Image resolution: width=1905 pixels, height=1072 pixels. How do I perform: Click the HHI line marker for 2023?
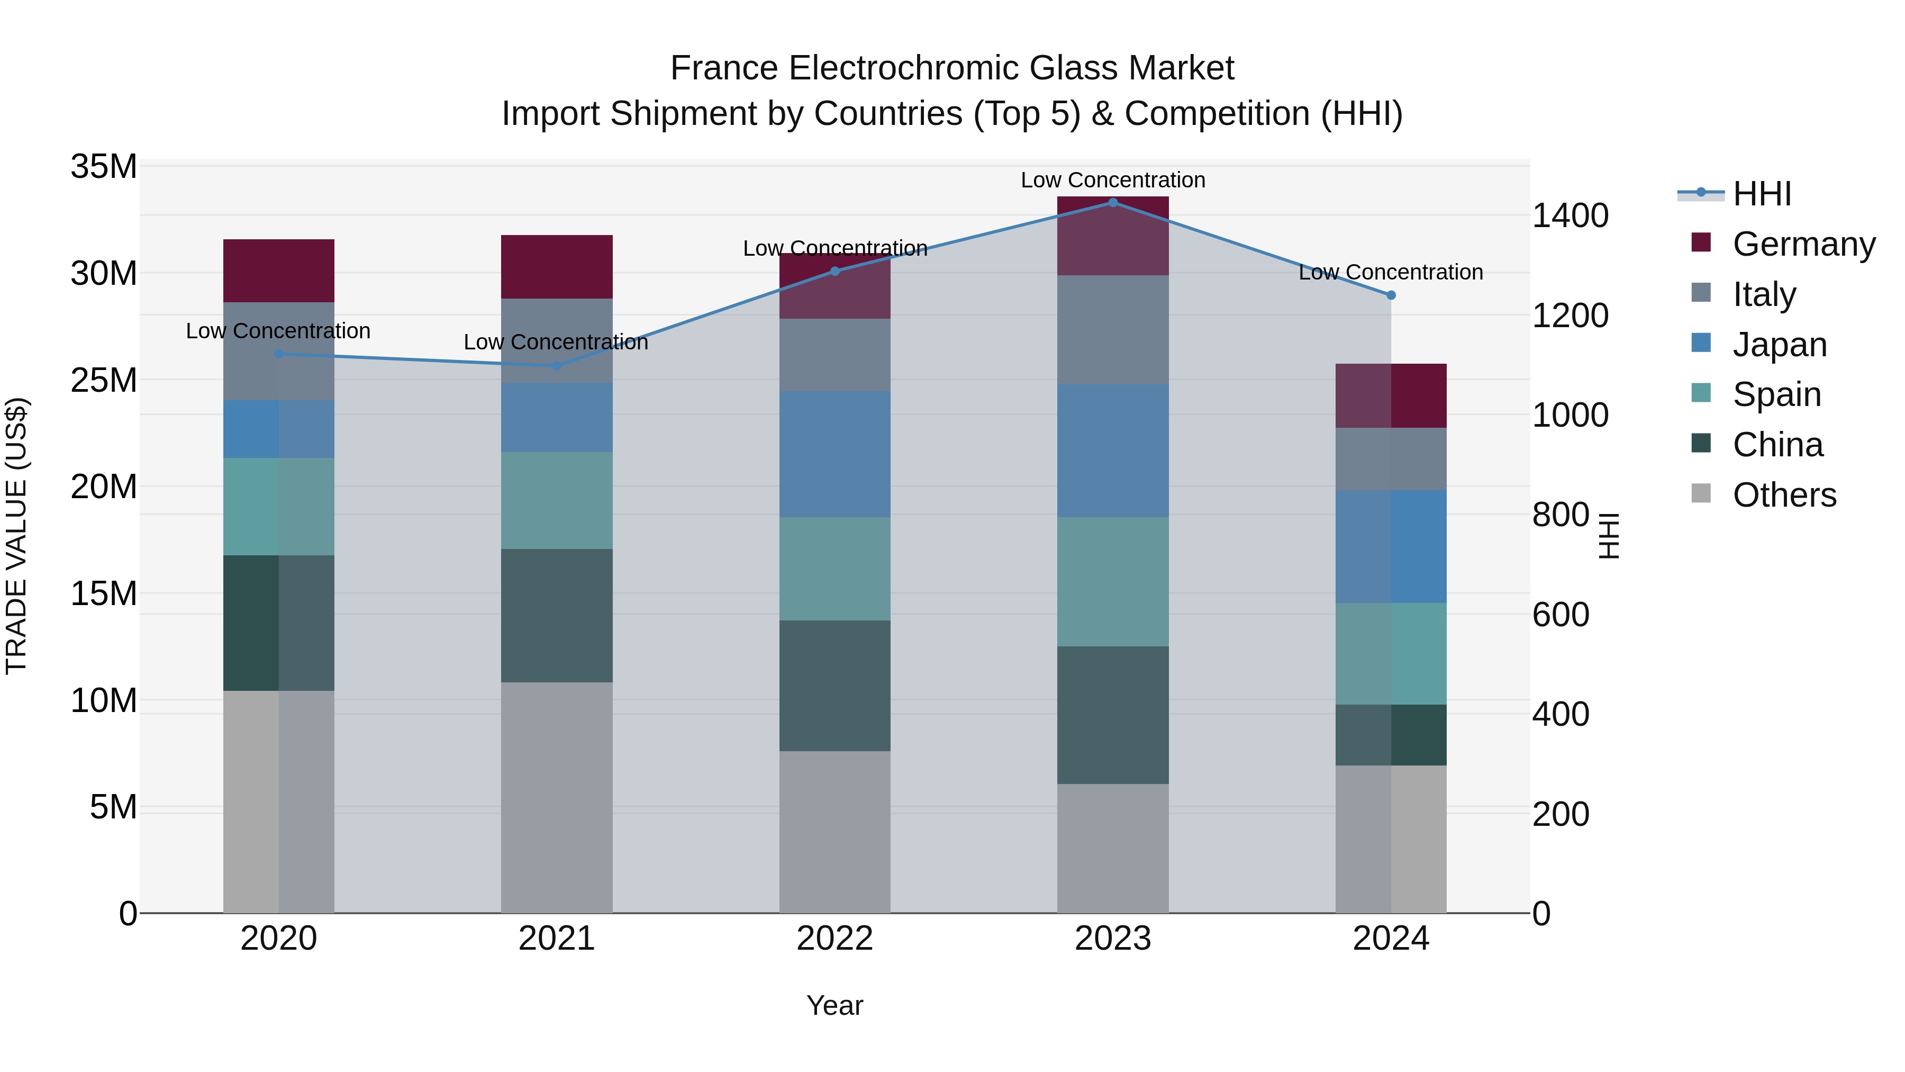1112,203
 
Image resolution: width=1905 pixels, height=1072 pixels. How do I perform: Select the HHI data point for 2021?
556,365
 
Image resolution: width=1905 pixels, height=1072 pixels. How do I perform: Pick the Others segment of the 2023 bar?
1112,848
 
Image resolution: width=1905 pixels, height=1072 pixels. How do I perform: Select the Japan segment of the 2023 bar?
1112,451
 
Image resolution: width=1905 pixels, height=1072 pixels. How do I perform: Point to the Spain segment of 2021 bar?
556,500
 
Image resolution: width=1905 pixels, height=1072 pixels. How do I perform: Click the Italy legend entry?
1763,294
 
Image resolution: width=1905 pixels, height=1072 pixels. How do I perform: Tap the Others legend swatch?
1701,493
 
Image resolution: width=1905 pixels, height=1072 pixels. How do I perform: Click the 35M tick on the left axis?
104,167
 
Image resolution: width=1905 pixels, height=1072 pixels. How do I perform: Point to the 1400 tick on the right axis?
1570,216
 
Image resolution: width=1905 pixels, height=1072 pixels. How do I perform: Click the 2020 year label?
279,939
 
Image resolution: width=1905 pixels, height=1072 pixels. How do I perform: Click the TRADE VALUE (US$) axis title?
16,536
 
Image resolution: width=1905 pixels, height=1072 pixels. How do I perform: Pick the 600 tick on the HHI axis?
1561,615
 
